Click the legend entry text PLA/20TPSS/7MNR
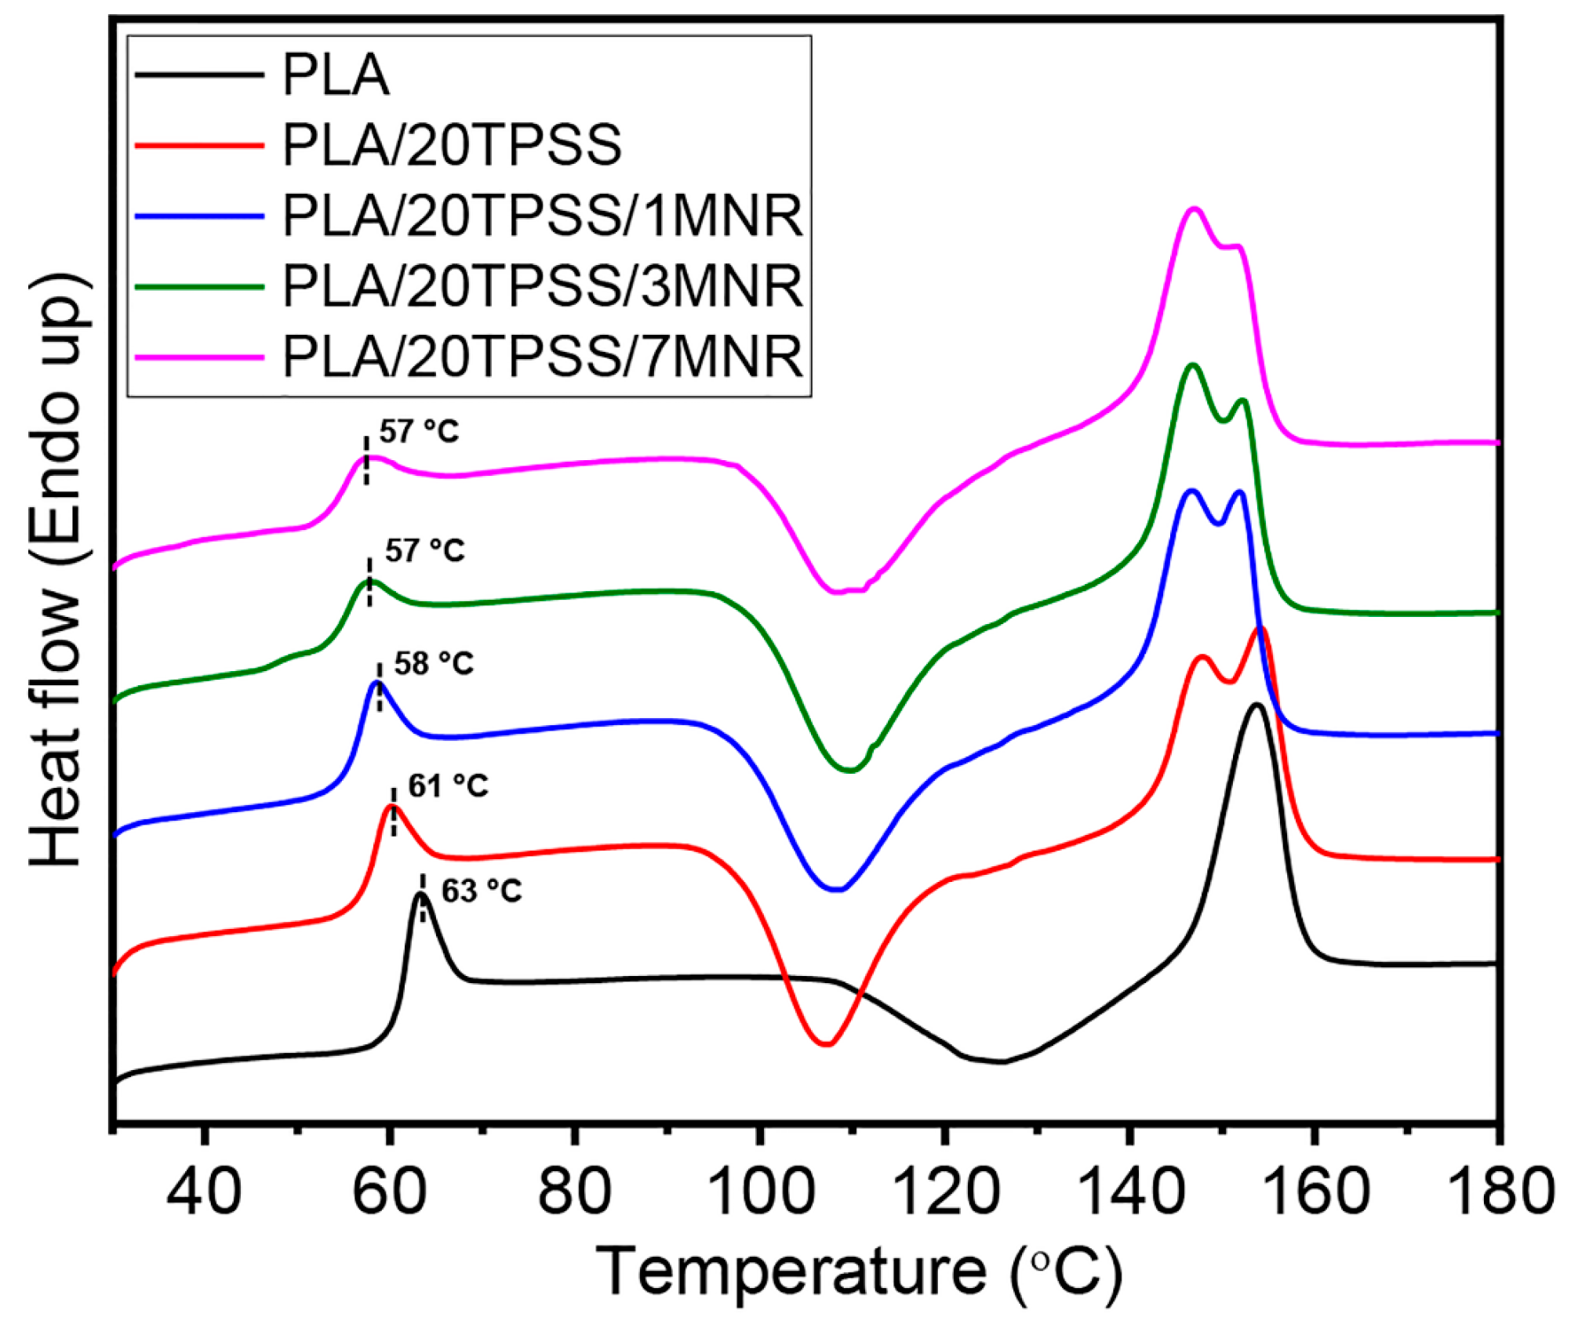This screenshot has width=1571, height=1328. (542, 357)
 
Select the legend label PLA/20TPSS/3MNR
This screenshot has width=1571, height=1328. (542, 286)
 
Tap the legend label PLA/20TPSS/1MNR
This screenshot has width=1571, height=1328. (542, 216)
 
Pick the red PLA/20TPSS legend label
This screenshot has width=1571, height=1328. (452, 145)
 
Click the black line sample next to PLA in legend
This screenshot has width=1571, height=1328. (199, 74)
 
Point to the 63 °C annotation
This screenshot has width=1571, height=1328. (481, 891)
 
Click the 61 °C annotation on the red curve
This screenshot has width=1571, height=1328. (448, 786)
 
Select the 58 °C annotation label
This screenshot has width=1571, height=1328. (433, 664)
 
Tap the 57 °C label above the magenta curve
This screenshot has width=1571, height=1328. (419, 432)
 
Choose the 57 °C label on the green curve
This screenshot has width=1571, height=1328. (424, 551)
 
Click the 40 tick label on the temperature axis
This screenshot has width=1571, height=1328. (204, 1191)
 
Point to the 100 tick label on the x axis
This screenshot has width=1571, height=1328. (759, 1191)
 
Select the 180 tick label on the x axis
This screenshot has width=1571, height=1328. (1500, 1191)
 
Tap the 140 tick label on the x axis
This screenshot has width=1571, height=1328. (1130, 1191)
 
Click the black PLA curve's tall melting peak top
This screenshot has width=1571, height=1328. (1256, 705)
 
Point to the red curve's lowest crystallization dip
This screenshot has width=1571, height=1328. (826, 1044)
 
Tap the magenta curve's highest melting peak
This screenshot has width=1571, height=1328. (1194, 209)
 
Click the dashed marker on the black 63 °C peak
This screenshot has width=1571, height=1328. (423, 898)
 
